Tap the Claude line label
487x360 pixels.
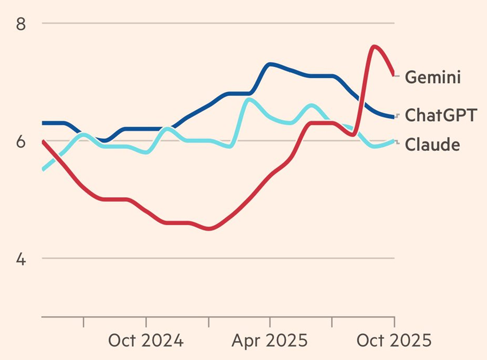point(432,144)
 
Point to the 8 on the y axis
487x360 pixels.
point(21,24)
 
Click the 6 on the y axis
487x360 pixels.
point(21,142)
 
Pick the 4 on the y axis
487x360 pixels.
point(21,259)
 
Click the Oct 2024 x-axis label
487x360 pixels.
point(146,341)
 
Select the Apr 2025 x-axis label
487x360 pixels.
point(270,341)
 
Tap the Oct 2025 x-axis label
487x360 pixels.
point(394,341)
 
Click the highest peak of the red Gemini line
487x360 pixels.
point(374,47)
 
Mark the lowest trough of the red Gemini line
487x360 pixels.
point(209,229)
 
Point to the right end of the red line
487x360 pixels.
point(394,74)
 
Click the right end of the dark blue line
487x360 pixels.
point(394,117)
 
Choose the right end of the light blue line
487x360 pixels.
point(394,141)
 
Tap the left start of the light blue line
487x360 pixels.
point(43,169)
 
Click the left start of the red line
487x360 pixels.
point(43,141)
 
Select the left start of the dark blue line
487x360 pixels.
point(43,123)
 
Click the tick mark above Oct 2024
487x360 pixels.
point(146,321)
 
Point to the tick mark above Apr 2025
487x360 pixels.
point(270,321)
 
